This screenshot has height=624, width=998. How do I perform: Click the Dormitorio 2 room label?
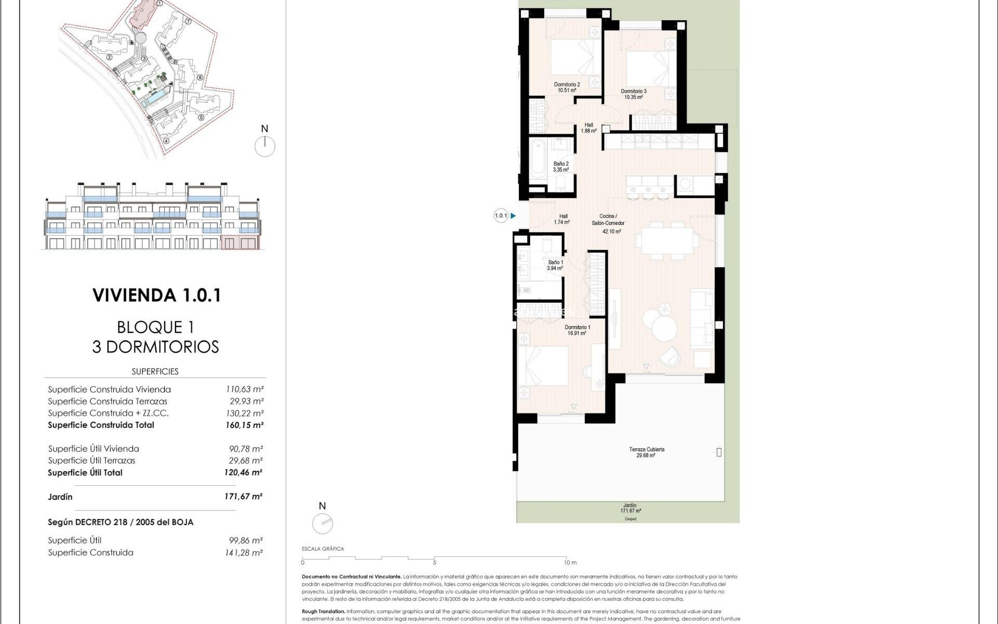click(x=567, y=87)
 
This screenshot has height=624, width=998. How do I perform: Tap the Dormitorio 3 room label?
click(x=634, y=94)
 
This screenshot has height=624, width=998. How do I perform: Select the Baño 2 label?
click(x=561, y=167)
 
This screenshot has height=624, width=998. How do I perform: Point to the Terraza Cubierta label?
click(x=646, y=452)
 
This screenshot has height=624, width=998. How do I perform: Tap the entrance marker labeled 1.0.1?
click(x=501, y=216)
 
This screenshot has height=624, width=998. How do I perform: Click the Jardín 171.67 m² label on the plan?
click(x=630, y=508)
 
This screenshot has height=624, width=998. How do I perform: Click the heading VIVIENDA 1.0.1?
click(x=157, y=295)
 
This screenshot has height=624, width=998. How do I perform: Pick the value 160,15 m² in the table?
click(x=244, y=425)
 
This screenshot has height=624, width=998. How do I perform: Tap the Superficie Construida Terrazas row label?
click(x=108, y=401)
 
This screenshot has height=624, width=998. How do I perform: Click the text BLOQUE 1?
click(x=155, y=327)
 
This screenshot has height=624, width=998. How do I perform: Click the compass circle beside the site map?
click(x=265, y=147)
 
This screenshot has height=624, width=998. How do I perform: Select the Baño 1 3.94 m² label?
click(x=555, y=265)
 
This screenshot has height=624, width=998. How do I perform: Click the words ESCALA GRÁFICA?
click(x=323, y=549)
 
